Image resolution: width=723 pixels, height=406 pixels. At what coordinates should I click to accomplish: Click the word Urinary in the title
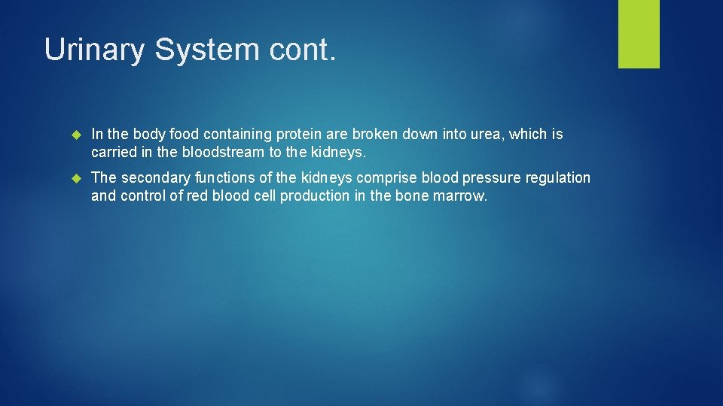pyautogui.click(x=95, y=50)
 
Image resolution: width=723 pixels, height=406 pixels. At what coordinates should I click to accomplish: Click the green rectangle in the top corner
pyautogui.click(x=639, y=34)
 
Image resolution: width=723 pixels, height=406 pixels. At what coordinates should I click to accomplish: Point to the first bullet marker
pyautogui.click(x=75, y=135)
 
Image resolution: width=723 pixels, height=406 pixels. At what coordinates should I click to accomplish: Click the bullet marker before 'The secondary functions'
pyautogui.click(x=75, y=178)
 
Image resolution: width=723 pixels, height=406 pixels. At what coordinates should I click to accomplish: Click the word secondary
pyautogui.click(x=155, y=178)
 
